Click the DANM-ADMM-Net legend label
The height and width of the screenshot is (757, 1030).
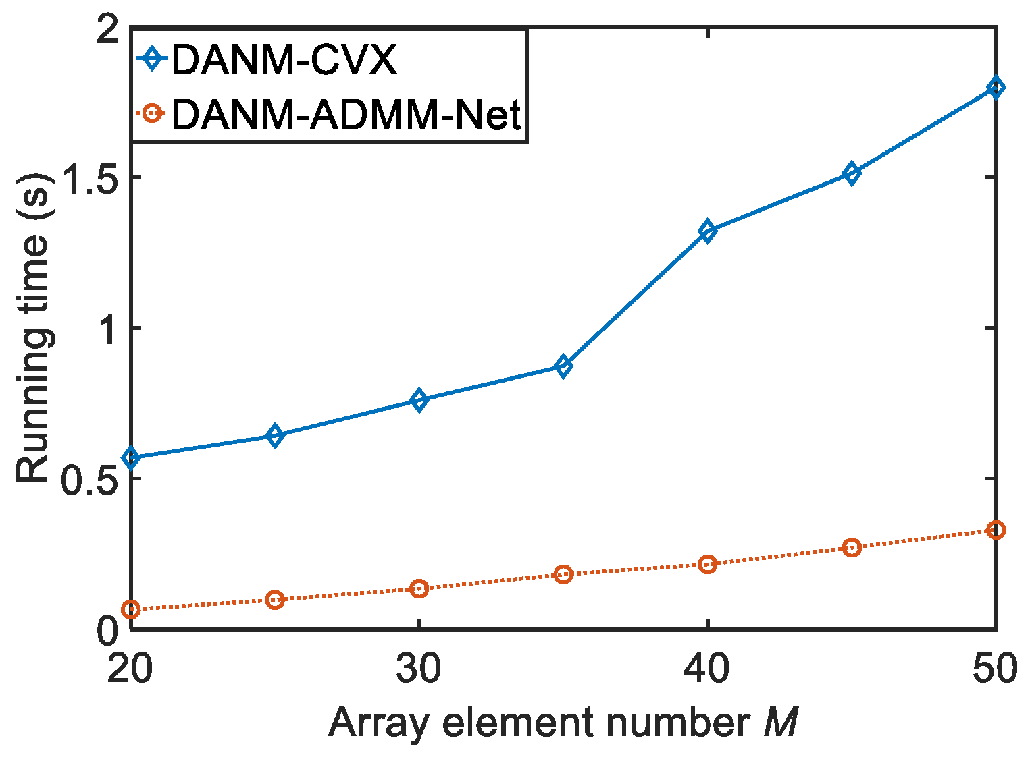(x=346, y=114)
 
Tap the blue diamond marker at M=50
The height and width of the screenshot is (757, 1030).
(x=996, y=88)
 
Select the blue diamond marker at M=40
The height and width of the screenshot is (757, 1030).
(x=707, y=231)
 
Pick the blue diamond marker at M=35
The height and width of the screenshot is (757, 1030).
(x=563, y=366)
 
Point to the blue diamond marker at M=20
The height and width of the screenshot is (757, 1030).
(x=130, y=458)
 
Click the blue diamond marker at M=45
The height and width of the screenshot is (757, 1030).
(x=852, y=174)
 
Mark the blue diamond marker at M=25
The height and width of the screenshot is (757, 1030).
(x=274, y=436)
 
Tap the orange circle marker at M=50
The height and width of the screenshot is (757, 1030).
(x=996, y=530)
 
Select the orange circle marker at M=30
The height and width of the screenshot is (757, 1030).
(x=419, y=588)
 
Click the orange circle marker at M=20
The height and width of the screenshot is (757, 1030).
(x=130, y=609)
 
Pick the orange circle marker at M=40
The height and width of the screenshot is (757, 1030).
(x=707, y=564)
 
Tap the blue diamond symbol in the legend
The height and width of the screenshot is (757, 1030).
(x=153, y=59)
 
